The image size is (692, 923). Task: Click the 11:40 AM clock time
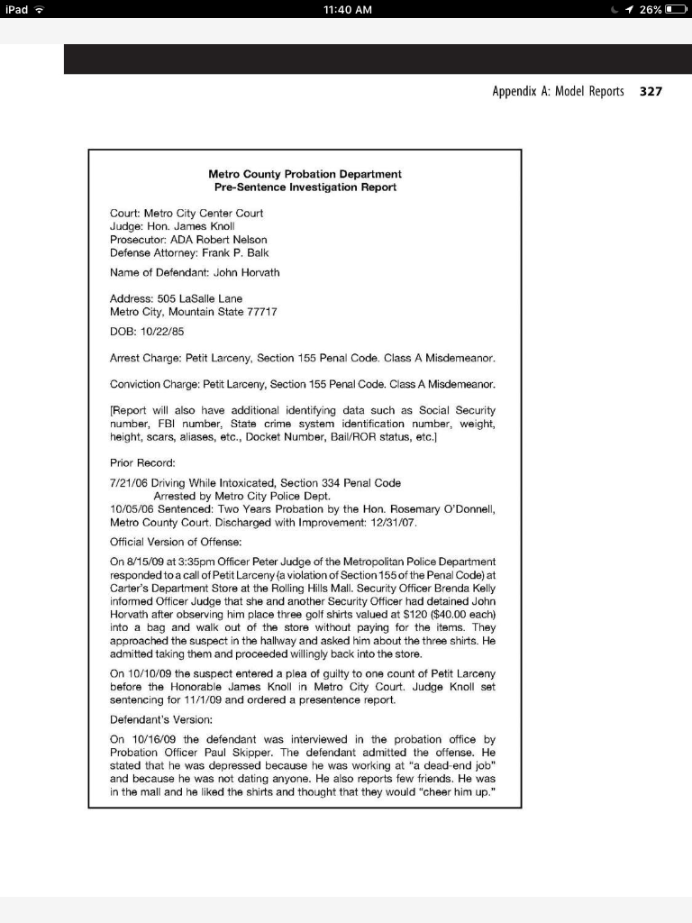(346, 9)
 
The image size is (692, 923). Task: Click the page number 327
(651, 92)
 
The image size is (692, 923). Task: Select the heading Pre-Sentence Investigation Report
(305, 187)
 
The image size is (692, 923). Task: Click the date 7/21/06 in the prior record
(129, 483)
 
